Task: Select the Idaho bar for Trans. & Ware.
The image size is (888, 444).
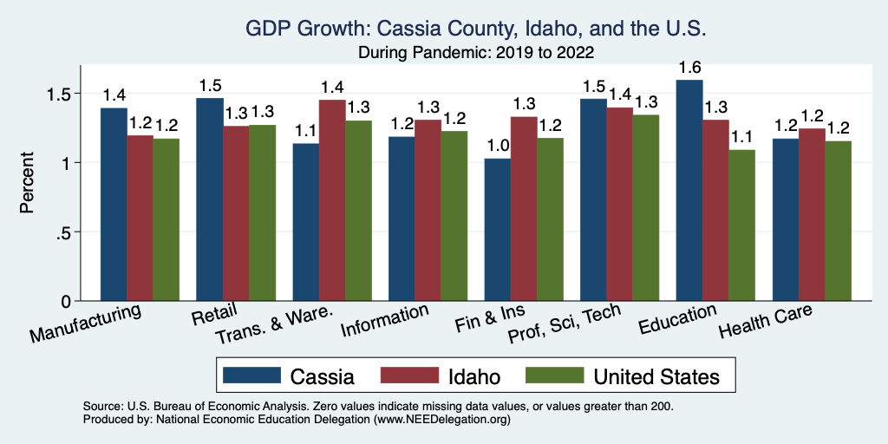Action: (x=332, y=200)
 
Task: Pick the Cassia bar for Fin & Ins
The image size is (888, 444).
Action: (x=498, y=230)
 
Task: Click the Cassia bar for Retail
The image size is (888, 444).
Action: (x=210, y=199)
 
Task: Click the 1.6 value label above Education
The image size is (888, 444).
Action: (x=689, y=68)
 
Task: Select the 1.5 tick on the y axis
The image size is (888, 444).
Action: (x=64, y=94)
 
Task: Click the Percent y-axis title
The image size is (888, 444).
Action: (x=29, y=186)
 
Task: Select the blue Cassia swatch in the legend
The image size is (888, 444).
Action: (x=252, y=376)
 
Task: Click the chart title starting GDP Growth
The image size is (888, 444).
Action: (x=476, y=29)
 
